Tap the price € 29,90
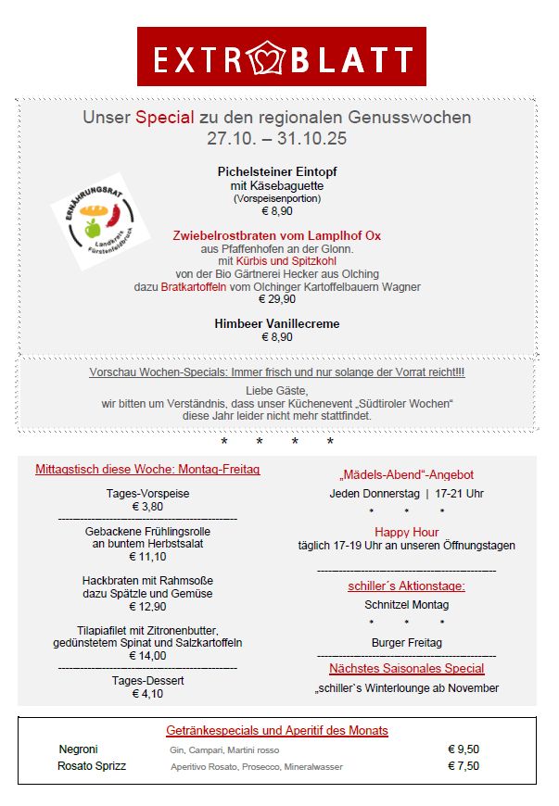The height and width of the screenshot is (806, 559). click(276, 299)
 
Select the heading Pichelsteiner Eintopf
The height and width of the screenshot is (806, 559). click(276, 171)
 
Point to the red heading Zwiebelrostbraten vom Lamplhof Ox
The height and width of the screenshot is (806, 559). click(276, 235)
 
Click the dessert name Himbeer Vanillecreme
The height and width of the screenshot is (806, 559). click(276, 323)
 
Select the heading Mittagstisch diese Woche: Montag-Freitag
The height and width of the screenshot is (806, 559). click(147, 470)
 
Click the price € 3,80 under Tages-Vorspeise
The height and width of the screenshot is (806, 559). click(147, 507)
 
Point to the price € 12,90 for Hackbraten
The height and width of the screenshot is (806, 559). click(147, 607)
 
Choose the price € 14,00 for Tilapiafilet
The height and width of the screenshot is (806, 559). click(147, 656)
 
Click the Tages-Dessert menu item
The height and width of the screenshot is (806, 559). click(147, 680)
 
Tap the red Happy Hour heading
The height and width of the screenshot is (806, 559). click(406, 532)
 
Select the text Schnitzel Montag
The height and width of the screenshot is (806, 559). click(406, 604)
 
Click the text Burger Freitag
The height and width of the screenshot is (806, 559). click(406, 642)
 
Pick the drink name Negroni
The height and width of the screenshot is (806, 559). click(78, 749)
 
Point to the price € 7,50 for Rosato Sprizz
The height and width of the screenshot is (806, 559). click(464, 766)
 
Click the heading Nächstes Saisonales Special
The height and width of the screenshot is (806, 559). click(406, 668)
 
